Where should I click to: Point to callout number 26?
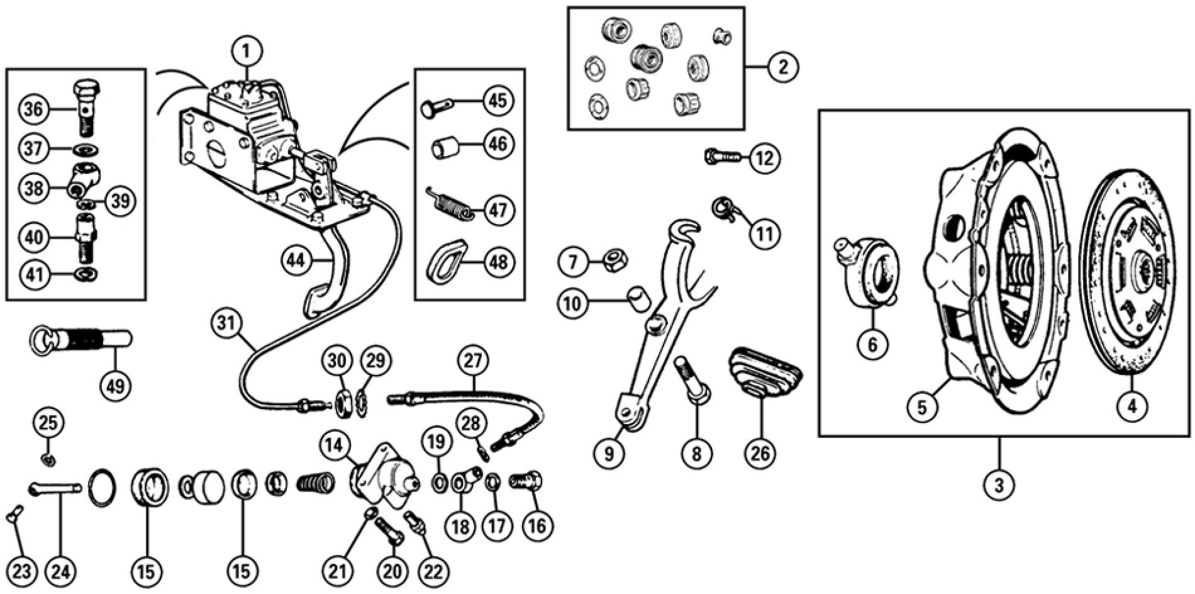[760, 454]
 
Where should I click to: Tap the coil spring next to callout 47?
[451, 208]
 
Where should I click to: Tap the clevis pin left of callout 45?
[435, 107]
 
